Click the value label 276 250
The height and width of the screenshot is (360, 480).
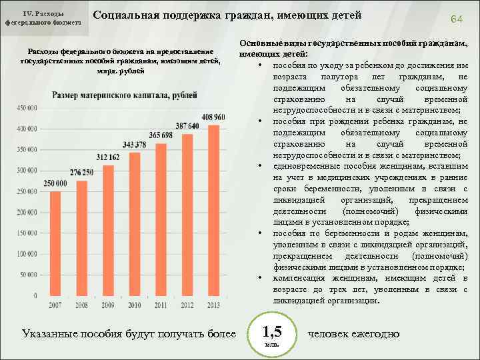coord(82,173)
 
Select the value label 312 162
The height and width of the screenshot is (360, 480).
coord(108,157)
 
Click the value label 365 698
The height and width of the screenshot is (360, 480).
coord(161,135)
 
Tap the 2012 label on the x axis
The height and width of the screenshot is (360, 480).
coord(187,305)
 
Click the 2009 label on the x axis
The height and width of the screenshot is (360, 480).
coord(108,305)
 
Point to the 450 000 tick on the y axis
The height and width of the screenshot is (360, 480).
coord(27,107)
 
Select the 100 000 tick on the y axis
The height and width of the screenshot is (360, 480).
coord(27,255)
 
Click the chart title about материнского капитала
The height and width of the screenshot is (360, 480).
coord(125,95)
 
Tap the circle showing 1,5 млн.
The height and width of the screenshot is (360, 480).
coord(271,335)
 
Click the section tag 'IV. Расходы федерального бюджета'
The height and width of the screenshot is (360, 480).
coord(43,18)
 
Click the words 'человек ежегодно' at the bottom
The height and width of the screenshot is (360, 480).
coord(353,333)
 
